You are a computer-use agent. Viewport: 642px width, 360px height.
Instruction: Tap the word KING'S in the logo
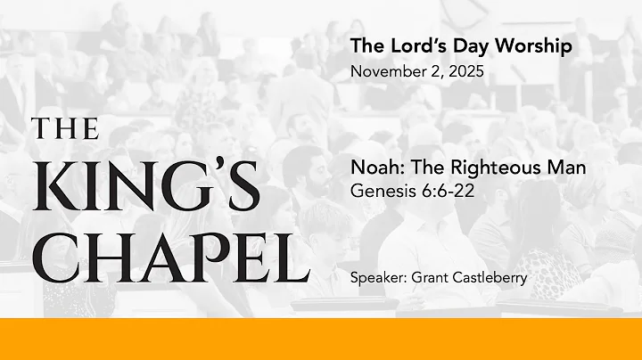click(146, 190)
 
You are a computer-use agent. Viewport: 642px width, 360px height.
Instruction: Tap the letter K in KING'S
click(54, 190)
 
